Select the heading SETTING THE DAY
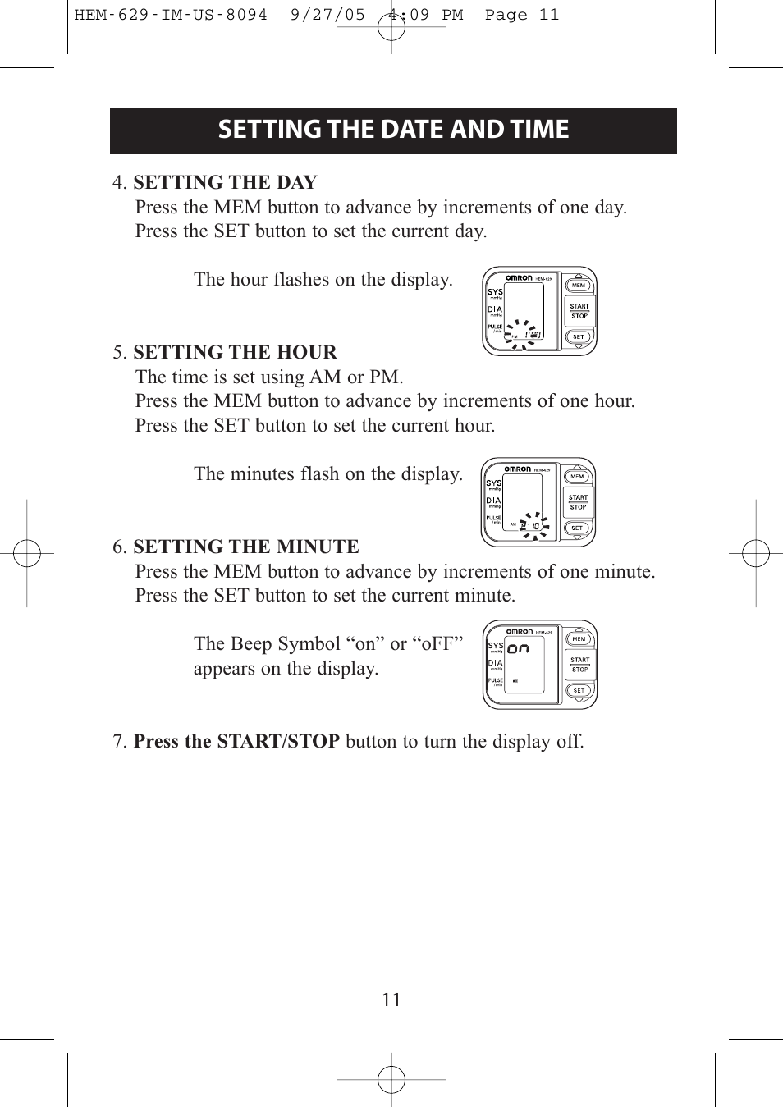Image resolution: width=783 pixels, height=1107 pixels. point(225,182)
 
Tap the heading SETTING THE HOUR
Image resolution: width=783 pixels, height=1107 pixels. point(235,352)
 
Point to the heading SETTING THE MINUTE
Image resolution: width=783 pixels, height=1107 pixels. point(246,547)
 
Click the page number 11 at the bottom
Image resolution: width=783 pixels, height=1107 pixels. point(391,1000)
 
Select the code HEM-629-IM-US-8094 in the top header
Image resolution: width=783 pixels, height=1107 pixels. point(171,15)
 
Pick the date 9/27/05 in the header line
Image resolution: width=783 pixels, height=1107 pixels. point(327,15)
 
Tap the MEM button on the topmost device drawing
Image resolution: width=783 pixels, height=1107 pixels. point(579,286)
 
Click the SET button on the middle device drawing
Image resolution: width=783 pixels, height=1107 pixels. point(577,528)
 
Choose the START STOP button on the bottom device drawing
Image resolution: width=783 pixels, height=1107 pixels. point(579,665)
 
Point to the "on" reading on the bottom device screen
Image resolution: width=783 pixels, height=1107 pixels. point(518,648)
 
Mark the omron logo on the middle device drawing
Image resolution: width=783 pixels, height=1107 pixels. point(517,469)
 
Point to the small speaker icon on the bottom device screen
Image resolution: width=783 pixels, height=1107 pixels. point(515,681)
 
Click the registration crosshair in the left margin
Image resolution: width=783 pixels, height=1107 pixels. point(26,554)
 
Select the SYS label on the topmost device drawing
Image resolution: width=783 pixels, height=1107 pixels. point(495,291)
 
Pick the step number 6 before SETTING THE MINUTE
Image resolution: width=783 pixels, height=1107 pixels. point(119,547)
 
